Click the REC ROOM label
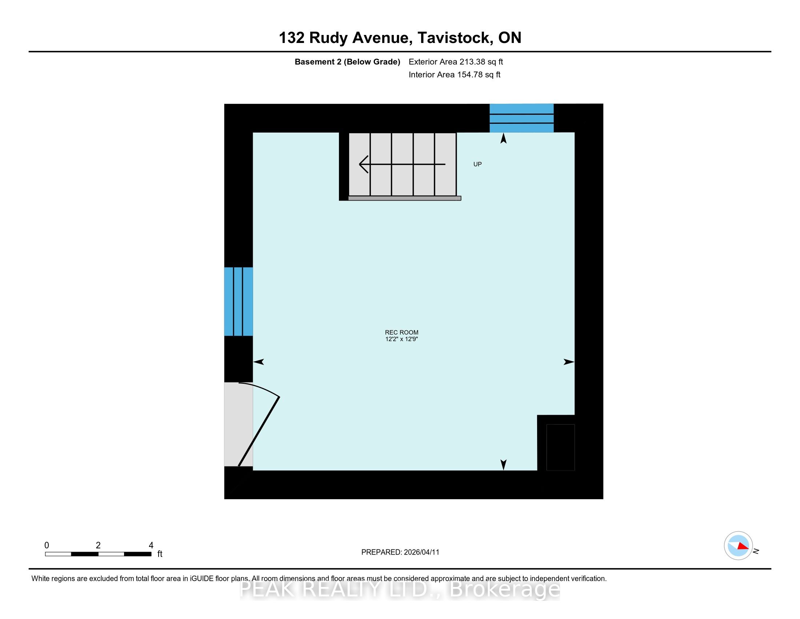[x=401, y=332]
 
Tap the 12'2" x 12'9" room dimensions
[x=401, y=339]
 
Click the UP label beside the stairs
[x=477, y=164]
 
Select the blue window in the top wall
[x=521, y=118]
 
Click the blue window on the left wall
[x=239, y=301]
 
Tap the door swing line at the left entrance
[x=259, y=431]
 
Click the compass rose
[x=738, y=546]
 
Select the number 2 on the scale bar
[x=98, y=545]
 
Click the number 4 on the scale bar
[x=151, y=545]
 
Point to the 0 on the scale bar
[x=47, y=545]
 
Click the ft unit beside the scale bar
[x=160, y=554]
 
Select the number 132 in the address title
[x=292, y=38]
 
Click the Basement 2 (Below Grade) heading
[x=347, y=62]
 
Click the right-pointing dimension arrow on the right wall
[x=569, y=362]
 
